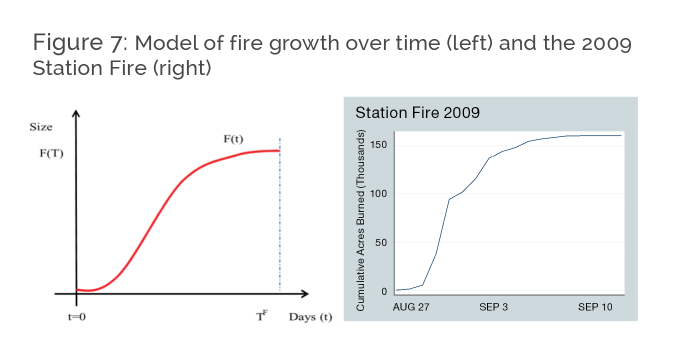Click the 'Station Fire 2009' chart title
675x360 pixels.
(417, 112)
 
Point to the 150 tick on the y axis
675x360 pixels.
(378, 145)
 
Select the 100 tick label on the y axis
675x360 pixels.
(378, 193)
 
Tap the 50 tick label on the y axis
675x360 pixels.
(381, 242)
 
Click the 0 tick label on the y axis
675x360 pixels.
(384, 291)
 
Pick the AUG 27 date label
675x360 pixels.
(411, 307)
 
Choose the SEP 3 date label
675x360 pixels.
(493, 307)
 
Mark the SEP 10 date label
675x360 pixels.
(595, 307)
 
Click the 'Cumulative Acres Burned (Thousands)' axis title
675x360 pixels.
(360, 220)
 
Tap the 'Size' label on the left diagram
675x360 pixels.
(41, 127)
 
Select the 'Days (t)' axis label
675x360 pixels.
(310, 317)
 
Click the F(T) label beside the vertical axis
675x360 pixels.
(51, 153)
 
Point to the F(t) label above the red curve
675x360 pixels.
(233, 139)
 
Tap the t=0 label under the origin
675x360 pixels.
(77, 317)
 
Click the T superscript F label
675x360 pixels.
(261, 315)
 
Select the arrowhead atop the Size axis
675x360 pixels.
(76, 113)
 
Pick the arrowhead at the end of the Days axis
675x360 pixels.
(305, 293)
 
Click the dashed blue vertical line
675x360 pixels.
(280, 214)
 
